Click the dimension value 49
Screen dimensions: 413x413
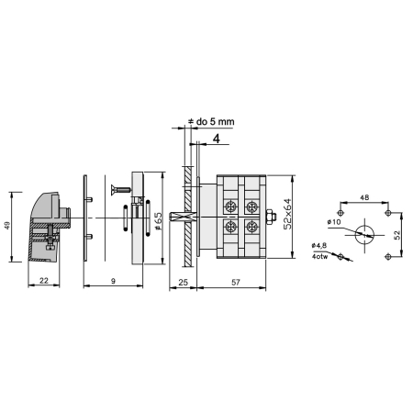pyautogui.click(x=8, y=226)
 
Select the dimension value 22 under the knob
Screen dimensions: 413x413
pyautogui.click(x=44, y=281)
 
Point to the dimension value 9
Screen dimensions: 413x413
pyautogui.click(x=113, y=281)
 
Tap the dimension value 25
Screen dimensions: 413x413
pyautogui.click(x=183, y=282)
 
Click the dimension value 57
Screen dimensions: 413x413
pyautogui.click(x=236, y=282)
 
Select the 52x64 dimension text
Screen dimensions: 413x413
pyautogui.click(x=287, y=214)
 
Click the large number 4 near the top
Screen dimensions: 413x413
pyautogui.click(x=217, y=139)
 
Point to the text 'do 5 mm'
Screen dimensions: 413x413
pyautogui.click(x=215, y=121)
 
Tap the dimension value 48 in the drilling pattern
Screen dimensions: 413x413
pyautogui.click(x=364, y=197)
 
